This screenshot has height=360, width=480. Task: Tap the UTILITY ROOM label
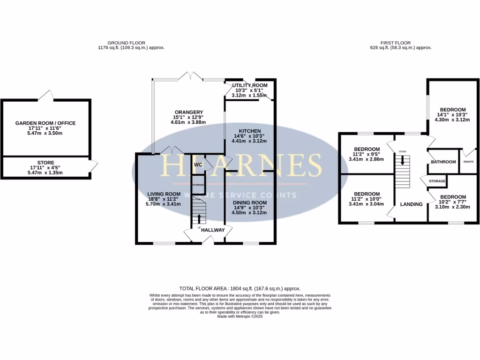coord(250,85)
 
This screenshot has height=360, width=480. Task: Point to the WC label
coord(198,165)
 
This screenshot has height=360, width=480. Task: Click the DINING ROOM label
coord(250,202)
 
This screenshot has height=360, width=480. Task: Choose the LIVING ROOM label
coord(164,194)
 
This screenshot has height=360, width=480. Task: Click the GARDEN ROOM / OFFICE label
coord(45,123)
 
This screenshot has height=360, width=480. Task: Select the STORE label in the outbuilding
coord(45,163)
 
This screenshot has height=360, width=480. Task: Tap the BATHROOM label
coord(443,162)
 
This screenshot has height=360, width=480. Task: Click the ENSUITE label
coord(468,162)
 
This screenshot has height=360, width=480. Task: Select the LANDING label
coord(411,204)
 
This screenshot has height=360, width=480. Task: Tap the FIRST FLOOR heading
coord(401,42)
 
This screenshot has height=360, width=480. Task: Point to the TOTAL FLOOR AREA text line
coord(240,289)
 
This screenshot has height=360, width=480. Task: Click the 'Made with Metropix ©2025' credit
coord(240,316)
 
